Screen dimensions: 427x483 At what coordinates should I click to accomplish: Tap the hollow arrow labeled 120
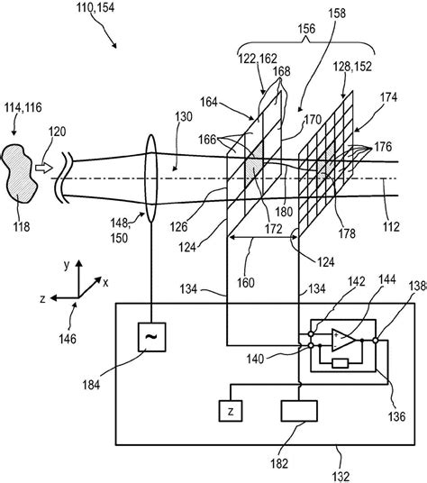44,168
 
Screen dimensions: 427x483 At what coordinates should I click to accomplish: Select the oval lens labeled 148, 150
150,178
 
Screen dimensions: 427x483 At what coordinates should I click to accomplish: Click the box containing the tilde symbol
151,337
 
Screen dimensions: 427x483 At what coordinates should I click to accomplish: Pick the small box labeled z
231,411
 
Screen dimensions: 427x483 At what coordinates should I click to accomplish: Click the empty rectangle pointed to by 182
299,411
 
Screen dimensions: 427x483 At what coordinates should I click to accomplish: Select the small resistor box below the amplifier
341,363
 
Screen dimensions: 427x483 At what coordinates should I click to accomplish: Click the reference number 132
341,477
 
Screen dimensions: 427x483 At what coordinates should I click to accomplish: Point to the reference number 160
246,282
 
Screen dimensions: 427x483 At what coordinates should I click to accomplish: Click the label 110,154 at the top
95,7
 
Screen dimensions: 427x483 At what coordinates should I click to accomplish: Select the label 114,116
23,108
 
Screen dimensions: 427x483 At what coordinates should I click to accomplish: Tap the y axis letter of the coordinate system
67,265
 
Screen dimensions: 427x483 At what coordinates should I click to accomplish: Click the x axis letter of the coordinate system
105,282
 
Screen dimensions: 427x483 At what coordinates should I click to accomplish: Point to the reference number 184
91,385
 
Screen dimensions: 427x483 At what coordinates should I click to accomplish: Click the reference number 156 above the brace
306,29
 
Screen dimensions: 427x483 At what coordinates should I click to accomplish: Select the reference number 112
391,227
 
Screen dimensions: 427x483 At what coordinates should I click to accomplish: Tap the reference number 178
347,233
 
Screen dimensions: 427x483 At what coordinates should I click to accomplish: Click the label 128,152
352,67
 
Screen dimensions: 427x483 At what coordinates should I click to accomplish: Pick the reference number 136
397,416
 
